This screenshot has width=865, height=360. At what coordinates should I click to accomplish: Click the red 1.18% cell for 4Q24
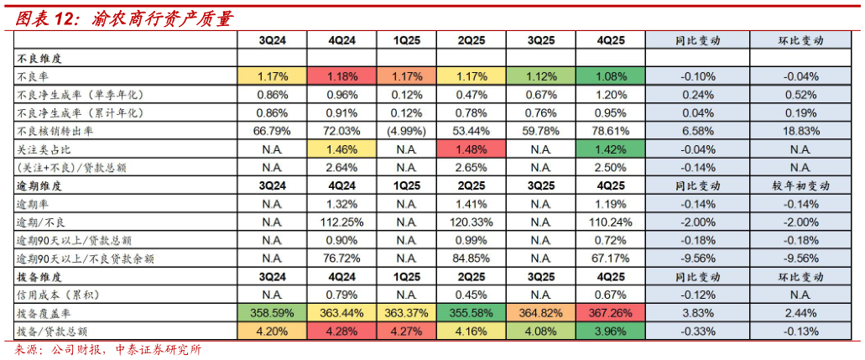[341, 76]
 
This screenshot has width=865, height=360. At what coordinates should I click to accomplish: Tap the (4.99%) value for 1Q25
[407, 132]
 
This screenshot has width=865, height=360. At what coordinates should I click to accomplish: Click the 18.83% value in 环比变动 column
[800, 132]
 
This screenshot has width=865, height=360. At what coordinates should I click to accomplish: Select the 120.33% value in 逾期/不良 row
[472, 222]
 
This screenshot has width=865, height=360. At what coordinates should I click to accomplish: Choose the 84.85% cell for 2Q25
[472, 258]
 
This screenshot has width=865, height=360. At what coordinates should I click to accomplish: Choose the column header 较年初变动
[800, 186]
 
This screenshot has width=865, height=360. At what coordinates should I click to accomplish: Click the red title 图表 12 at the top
[47, 19]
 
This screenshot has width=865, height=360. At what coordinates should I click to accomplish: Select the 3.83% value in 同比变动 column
[697, 313]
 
